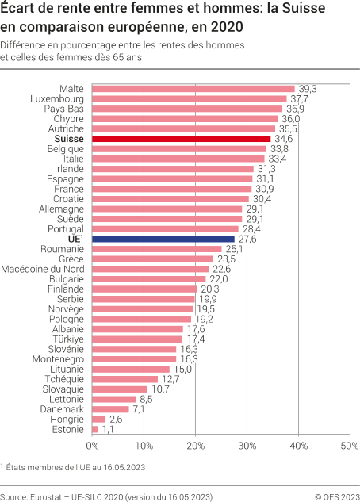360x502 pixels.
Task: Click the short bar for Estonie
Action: click(x=95, y=429)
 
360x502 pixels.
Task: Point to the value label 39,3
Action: click(x=306, y=88)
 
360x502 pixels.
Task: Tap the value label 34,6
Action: click(x=282, y=138)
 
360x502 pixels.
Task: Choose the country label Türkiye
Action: click(x=68, y=339)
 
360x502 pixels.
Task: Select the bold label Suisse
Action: click(x=70, y=138)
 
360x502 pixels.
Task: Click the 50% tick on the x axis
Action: click(x=349, y=446)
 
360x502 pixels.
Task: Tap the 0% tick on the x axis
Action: click(x=92, y=446)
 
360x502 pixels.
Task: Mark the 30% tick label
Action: click(x=247, y=446)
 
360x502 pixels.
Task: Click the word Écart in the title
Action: click(x=20, y=10)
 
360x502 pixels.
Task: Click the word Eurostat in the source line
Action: click(x=51, y=496)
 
